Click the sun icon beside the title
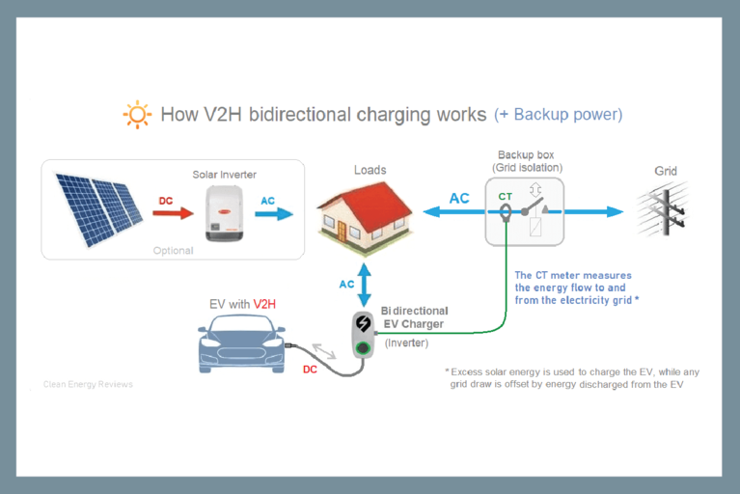click(137, 115)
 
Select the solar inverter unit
click(224, 213)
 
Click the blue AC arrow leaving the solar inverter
click(274, 213)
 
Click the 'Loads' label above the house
click(370, 171)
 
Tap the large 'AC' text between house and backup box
click(459, 198)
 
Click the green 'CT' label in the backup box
click(505, 196)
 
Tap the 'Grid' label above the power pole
click(666, 172)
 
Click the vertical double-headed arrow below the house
click(365, 285)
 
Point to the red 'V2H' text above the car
click(264, 304)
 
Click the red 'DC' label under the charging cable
click(311, 369)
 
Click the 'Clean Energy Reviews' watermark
click(88, 384)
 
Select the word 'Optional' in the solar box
click(174, 251)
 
